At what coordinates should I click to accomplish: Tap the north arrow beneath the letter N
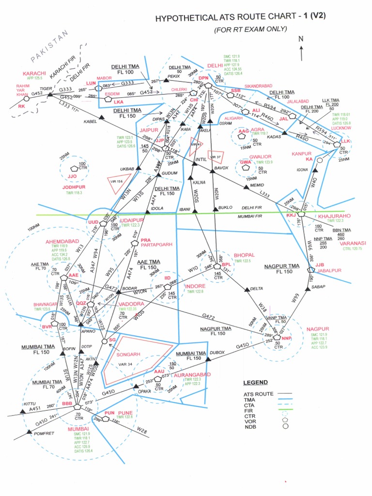click(301, 53)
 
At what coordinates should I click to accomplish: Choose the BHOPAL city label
click(244, 255)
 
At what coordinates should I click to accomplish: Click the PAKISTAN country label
click(50, 49)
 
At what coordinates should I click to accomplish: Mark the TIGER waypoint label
click(46, 89)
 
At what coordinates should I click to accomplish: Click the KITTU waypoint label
click(30, 403)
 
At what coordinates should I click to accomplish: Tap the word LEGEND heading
click(255, 383)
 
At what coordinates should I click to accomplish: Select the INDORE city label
click(195, 286)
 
